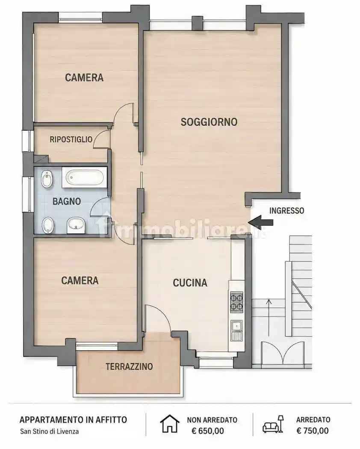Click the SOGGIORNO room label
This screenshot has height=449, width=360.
pyautogui.click(x=209, y=122)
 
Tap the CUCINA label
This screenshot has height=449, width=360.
pyautogui.click(x=190, y=283)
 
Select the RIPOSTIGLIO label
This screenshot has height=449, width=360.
pyautogui.click(x=71, y=139)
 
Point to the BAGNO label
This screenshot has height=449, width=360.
pyautogui.click(x=67, y=201)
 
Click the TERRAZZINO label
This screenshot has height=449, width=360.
pyautogui.click(x=129, y=366)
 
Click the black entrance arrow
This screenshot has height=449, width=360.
pyautogui.click(x=261, y=222)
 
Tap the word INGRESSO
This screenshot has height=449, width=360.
pyautogui.click(x=287, y=211)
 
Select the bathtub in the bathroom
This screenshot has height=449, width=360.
pyautogui.click(x=85, y=177)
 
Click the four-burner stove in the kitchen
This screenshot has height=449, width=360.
pyautogui.click(x=237, y=302)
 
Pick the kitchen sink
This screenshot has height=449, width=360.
pyautogui.click(x=237, y=331)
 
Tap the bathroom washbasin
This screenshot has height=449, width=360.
pyautogui.click(x=76, y=225)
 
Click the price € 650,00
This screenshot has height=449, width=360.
pyautogui.click(x=208, y=431)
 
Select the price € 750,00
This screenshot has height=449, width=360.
pyautogui.click(x=313, y=431)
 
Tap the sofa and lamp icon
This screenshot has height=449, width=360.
pyautogui.click(x=273, y=424)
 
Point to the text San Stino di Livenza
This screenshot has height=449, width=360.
pyautogui.click(x=49, y=431)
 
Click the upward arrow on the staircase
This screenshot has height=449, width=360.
pyautogui.click(x=269, y=317)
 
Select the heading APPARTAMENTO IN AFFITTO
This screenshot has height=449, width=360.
pyautogui.click(x=73, y=420)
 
